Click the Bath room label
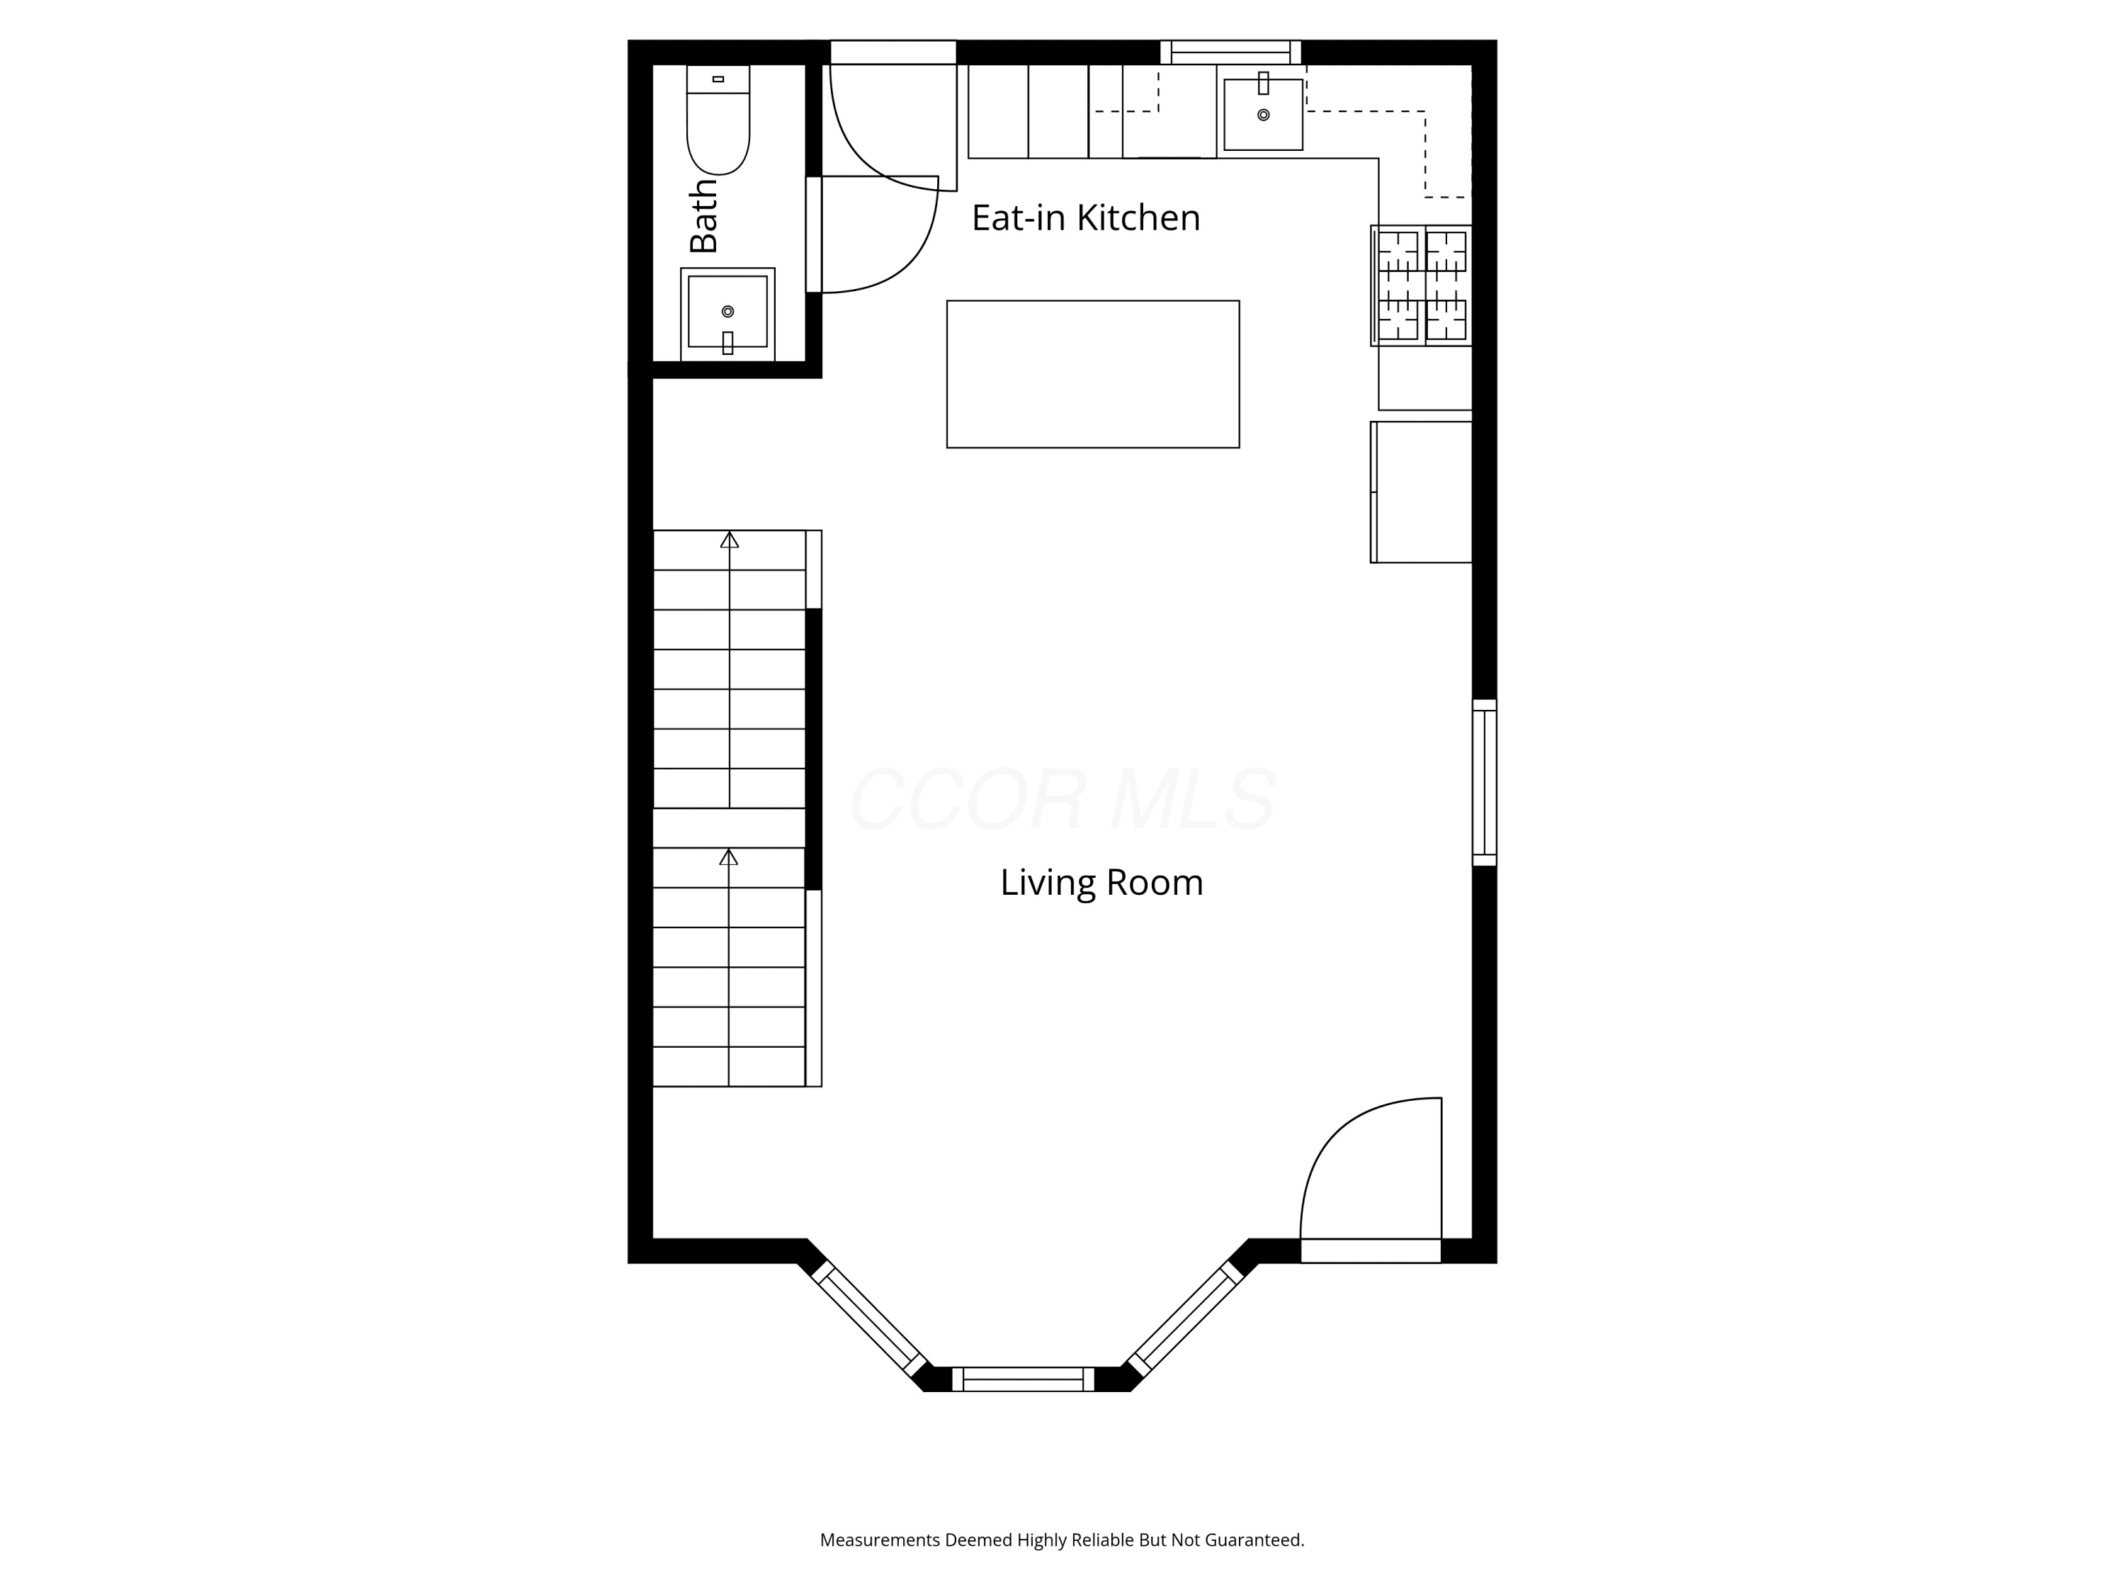coord(703,215)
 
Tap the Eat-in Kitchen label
coord(1086,217)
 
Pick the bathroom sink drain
coord(727,311)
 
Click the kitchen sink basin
coord(1263,114)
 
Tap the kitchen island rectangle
coord(1093,374)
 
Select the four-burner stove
coord(1421,286)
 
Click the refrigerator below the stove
coord(1421,492)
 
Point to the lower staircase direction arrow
coord(729,968)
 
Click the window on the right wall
coord(1484,782)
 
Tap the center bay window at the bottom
coord(1023,1379)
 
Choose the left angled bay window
coord(869,1319)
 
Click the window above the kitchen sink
coord(1230,52)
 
